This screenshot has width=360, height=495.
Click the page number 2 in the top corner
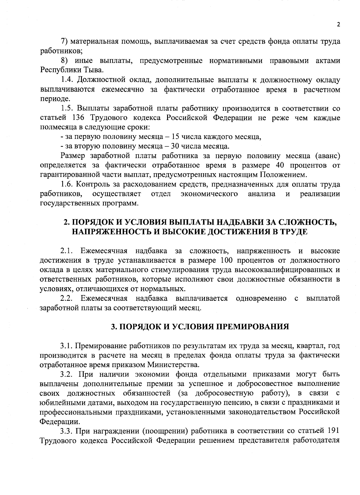click(338, 25)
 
